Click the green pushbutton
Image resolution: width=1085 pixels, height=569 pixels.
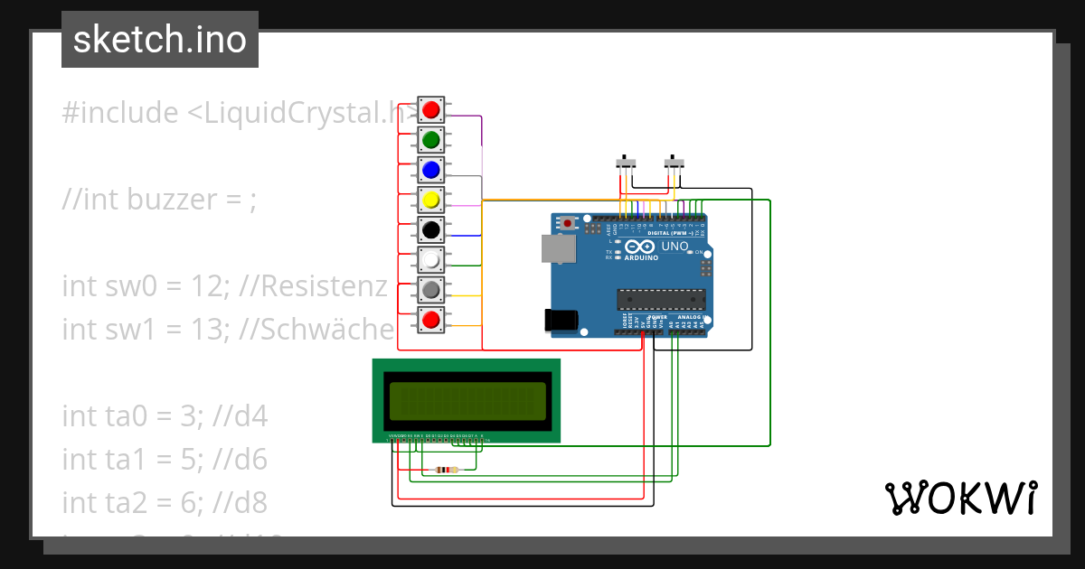click(431, 140)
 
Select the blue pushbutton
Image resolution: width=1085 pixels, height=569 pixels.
click(431, 170)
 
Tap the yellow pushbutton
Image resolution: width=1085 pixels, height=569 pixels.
click(431, 200)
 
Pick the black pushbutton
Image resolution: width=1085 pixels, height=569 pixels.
click(431, 229)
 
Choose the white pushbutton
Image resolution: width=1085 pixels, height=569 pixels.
click(431, 259)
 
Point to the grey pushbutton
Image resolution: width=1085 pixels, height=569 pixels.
click(431, 289)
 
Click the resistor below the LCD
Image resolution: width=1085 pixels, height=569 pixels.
click(447, 470)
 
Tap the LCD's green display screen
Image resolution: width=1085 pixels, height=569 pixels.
click(467, 402)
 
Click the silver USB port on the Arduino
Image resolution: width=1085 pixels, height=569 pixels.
click(557, 249)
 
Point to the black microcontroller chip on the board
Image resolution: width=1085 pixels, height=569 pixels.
click(661, 299)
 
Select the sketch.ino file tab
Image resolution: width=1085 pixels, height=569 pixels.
click(160, 40)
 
